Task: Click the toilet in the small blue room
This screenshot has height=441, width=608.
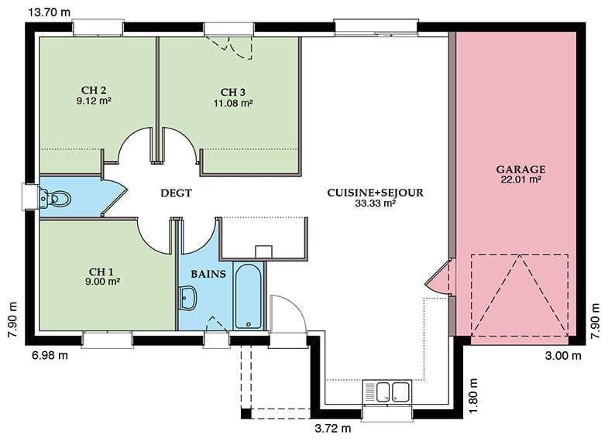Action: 56,198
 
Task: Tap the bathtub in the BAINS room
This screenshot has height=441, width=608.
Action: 249,296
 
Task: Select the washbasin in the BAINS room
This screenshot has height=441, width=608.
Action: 188,298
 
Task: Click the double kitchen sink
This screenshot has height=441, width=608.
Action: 388,391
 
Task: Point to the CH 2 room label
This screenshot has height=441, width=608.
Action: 94,91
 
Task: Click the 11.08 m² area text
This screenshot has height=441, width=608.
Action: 233,103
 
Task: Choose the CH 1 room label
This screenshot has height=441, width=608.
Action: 101,272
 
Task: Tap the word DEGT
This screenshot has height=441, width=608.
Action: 176,193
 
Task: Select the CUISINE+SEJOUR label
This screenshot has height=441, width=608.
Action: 376,193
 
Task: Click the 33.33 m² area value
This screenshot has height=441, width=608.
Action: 376,203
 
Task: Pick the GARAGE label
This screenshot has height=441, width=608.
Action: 520,169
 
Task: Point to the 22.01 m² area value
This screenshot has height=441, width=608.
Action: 520,179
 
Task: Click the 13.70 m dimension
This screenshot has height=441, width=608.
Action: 50,12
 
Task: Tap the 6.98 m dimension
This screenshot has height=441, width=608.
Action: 50,355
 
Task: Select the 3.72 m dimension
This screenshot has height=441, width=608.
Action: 333,428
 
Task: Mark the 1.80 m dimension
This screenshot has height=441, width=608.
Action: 472,395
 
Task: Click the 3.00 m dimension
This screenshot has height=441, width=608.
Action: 563,355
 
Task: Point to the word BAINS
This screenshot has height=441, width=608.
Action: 208,274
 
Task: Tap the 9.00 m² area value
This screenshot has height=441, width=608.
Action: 102,282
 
